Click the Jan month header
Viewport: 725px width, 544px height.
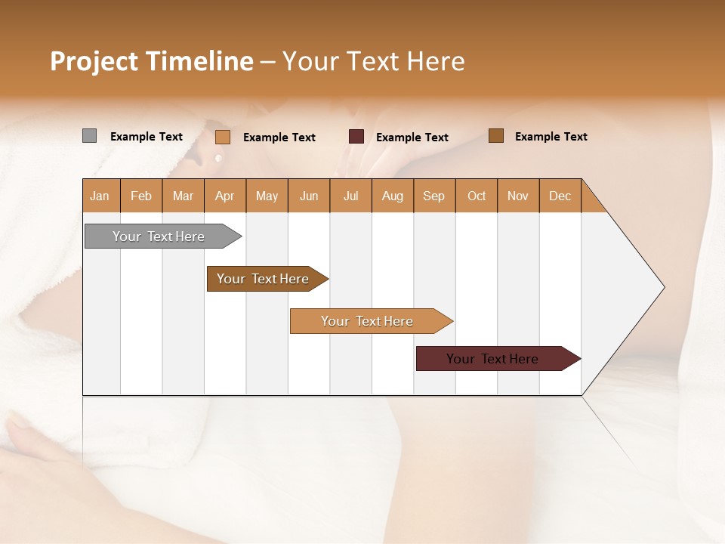pos(100,196)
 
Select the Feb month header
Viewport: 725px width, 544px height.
pos(141,196)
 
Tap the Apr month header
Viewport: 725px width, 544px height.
pos(224,196)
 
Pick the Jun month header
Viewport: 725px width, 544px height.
pos(309,196)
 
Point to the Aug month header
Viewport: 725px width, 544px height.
pos(392,196)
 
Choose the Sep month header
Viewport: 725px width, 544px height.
pos(433,196)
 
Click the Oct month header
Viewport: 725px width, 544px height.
pos(477,196)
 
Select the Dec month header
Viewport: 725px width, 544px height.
pos(560,196)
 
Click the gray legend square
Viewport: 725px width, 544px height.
pos(89,136)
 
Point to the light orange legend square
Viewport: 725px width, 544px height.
pos(222,137)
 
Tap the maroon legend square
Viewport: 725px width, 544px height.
pos(356,137)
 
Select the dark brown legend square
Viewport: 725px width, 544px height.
pos(495,136)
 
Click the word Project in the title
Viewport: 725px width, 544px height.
pos(93,61)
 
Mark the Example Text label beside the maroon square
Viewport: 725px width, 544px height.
pos(412,138)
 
